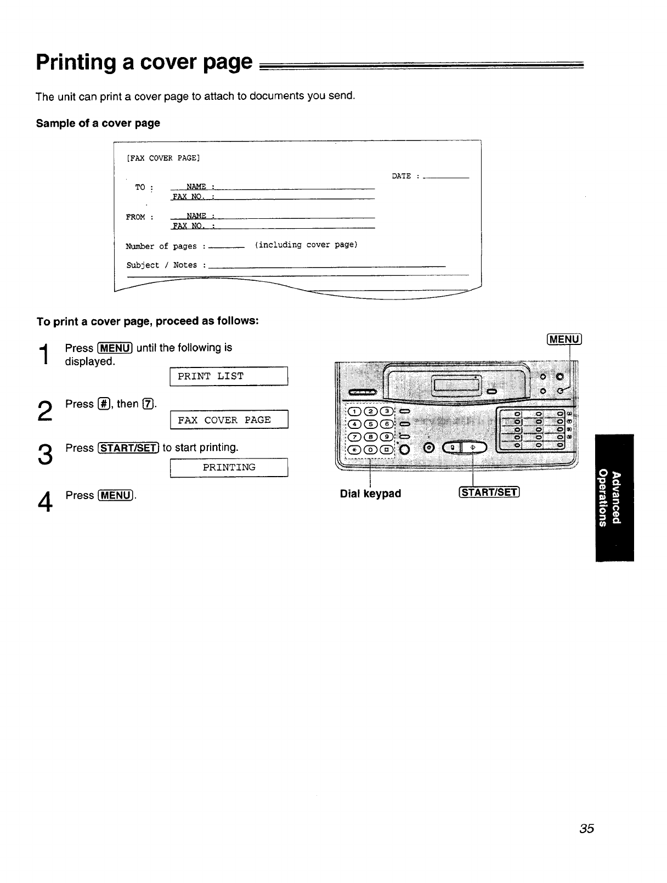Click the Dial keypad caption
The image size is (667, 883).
pos(370,494)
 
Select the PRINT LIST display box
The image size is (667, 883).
pos(229,376)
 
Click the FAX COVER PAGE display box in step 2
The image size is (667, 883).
pos(229,420)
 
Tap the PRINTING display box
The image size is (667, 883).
pos(229,467)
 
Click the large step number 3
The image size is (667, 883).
pos(45,454)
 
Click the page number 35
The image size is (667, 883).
pos(586,828)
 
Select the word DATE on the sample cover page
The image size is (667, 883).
pos(402,176)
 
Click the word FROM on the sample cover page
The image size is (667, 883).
pos(135,217)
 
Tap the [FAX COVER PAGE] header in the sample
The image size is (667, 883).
pos(163,159)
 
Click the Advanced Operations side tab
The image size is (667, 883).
pos(614,497)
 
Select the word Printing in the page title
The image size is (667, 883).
pos(76,62)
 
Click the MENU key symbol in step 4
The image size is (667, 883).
pos(115,495)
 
